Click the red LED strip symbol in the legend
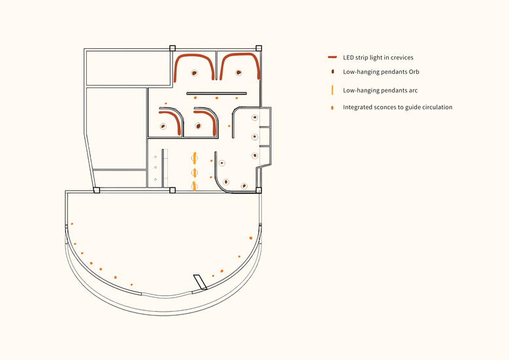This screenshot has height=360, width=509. pos(332,57)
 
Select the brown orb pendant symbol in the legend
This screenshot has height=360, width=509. pos(333,72)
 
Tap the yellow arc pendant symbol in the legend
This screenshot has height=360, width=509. pos(333,90)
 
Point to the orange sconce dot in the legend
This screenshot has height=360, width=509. pos(332,107)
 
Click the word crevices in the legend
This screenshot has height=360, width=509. pos(402,57)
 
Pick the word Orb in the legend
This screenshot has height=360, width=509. pos(414,72)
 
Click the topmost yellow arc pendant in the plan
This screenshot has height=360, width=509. pos(195,158)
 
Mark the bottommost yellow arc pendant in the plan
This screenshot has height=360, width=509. pos(194,186)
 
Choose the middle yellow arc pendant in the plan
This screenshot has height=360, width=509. pos(195,173)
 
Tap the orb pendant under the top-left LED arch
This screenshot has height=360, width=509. pos(194,73)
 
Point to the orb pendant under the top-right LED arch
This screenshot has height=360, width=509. pos(238,73)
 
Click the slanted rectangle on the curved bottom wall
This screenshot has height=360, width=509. pos(201,282)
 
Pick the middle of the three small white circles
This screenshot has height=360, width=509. pos(156,167)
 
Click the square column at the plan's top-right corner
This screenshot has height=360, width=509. pos(258,48)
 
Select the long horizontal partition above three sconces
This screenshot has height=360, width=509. pos(216,93)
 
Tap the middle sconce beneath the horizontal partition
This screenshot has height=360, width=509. pos(217,98)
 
